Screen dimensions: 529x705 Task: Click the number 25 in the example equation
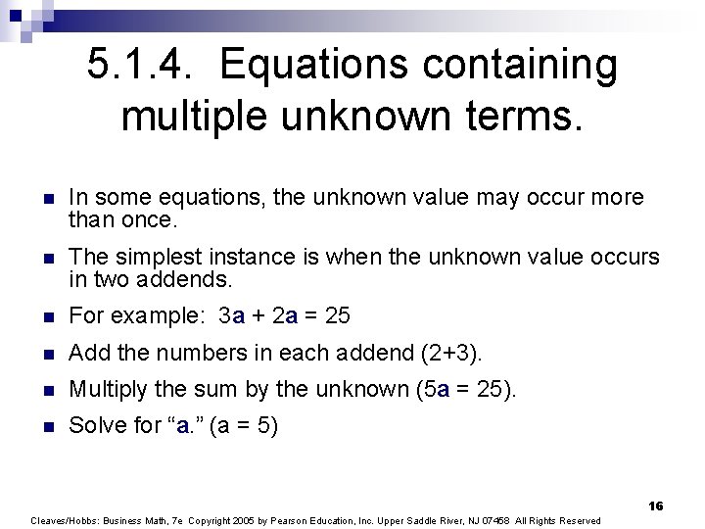coord(337,316)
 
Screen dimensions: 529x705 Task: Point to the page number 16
coord(655,505)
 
